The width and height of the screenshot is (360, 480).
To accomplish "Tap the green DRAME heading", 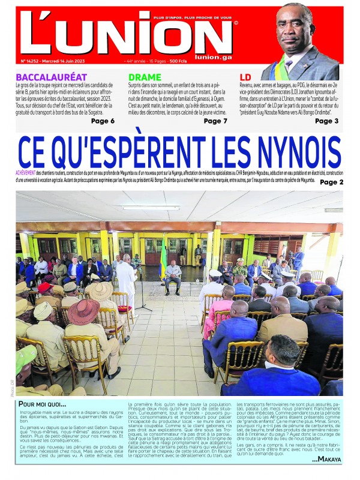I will pos(145,77).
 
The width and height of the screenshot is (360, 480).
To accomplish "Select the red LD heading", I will pos(245,77).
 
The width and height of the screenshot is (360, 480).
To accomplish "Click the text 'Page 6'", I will pos(103,121).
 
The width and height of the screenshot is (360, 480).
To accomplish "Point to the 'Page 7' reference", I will pos(215,121).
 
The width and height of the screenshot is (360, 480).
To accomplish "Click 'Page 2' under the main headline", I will pos(332,182).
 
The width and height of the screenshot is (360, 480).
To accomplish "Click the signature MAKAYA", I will pos(328,459).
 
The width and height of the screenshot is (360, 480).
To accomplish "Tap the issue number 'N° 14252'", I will pos(30,61).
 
